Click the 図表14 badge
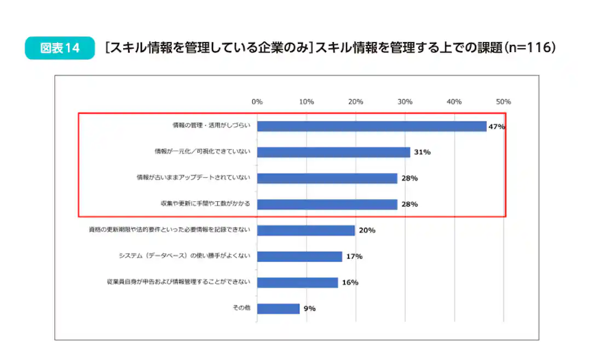pos(60,48)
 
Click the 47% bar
pos(371,126)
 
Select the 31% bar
pos(333,152)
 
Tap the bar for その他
pos(278,309)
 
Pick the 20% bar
pos(305,230)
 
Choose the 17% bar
pos(299,257)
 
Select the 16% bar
pos(297,282)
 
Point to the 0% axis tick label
pos(257,102)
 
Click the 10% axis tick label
pos(306,102)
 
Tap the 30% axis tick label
pos(405,102)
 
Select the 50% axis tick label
pos(503,102)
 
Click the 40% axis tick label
pos(454,102)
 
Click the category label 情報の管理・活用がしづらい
pos(211,126)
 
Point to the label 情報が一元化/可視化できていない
pos(202,152)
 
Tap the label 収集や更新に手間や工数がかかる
pos(202,204)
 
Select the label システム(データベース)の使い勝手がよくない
pos(184,256)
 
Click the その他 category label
pos(241,308)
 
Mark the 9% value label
pos(310,309)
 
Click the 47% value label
pos(497,126)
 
